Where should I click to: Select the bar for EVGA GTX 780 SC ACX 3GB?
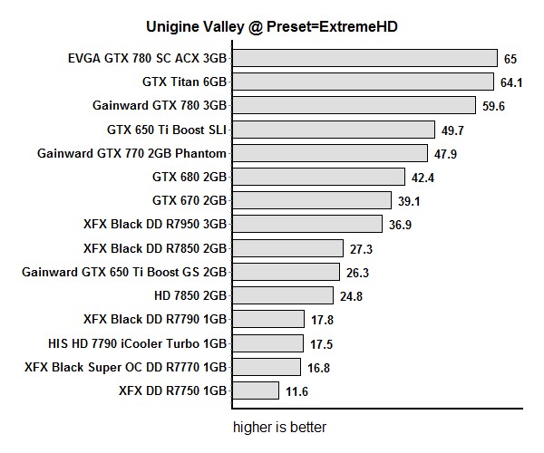[363, 59]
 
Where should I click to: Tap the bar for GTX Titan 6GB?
[361, 82]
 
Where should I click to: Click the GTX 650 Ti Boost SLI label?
[167, 130]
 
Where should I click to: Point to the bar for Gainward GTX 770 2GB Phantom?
[328, 153]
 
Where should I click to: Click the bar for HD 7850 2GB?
[281, 295]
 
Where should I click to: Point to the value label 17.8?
[323, 319]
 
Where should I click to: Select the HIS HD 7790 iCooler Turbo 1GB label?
[137, 343]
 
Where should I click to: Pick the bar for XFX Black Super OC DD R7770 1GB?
[265, 367]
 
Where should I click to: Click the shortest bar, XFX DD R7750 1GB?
[254, 390]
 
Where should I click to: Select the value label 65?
[510, 59]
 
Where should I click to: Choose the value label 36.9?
[400, 225]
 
